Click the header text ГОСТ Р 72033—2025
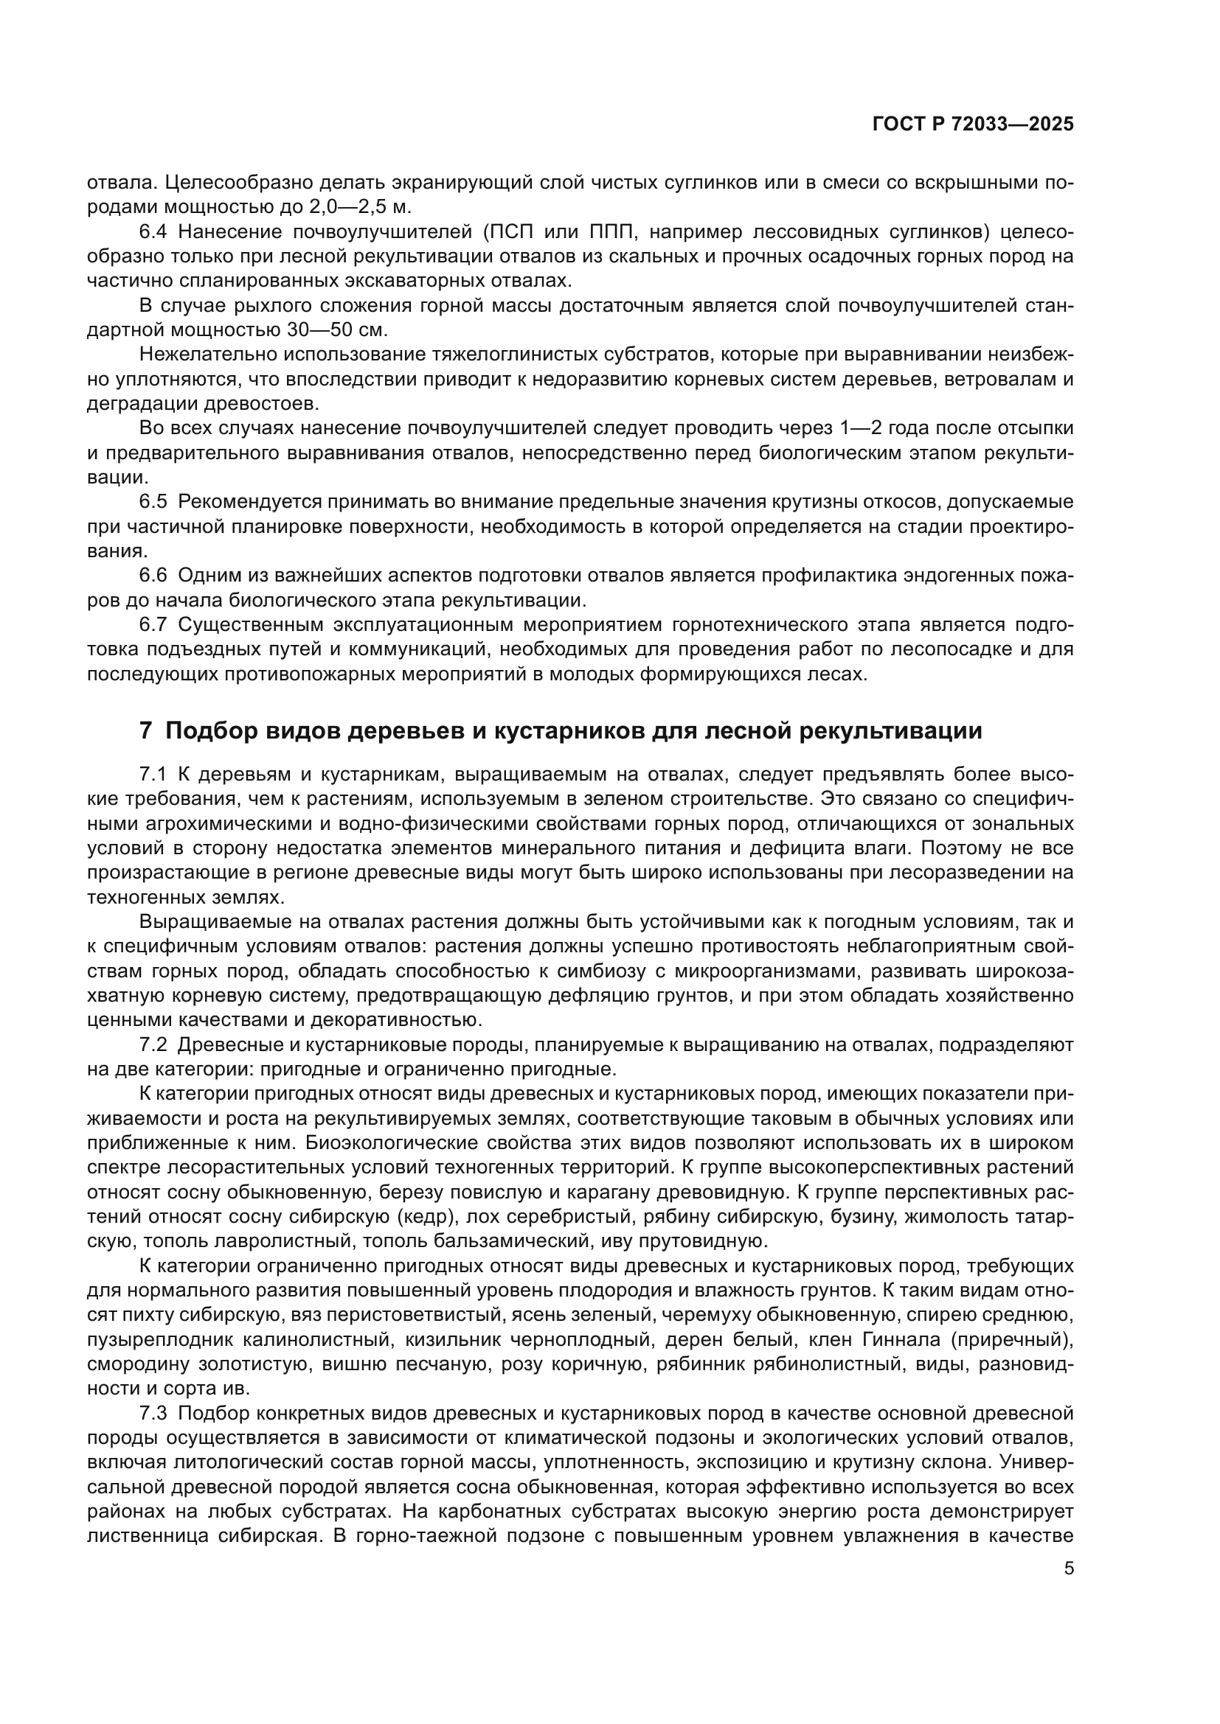pyautogui.click(x=973, y=125)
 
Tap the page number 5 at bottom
pyautogui.click(x=1069, y=1568)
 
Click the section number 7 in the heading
pyautogui.click(x=146, y=730)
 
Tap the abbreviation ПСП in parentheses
pyautogui.click(x=511, y=232)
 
